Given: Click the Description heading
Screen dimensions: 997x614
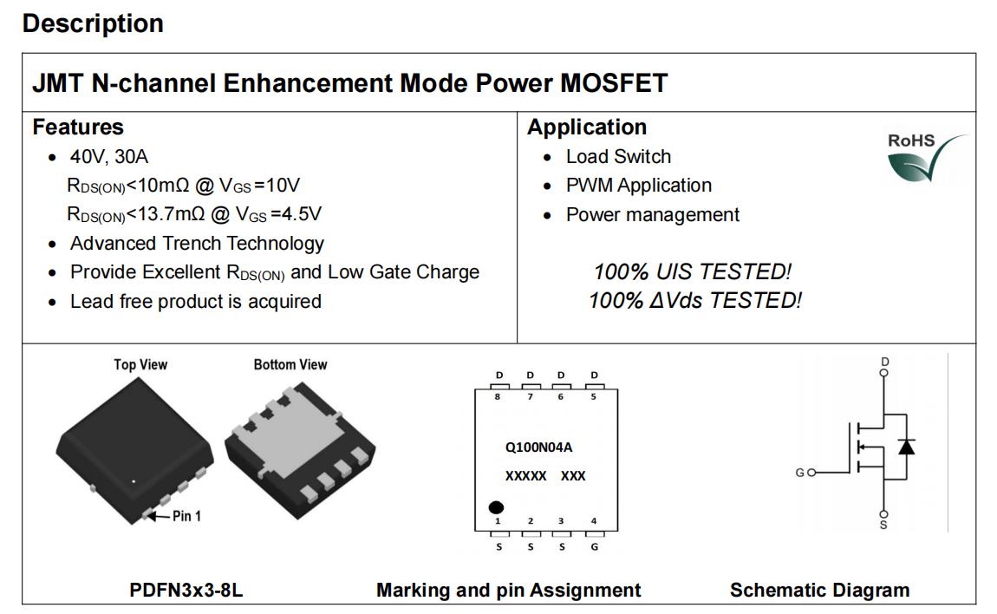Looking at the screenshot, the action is [x=93, y=23].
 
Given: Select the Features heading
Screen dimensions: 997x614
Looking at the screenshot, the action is [x=78, y=127].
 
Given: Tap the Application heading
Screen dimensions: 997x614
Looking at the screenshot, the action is [x=587, y=127].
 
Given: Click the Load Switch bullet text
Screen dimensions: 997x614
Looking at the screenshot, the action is [x=619, y=156].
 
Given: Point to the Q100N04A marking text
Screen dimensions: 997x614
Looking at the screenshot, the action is [x=538, y=447].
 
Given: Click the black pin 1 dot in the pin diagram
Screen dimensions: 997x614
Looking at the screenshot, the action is [x=496, y=507].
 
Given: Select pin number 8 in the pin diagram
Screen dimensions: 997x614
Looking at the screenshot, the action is [x=498, y=396].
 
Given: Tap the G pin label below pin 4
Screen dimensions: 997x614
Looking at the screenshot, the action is [x=595, y=546].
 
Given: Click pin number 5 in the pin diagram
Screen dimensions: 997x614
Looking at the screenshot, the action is [x=593, y=396].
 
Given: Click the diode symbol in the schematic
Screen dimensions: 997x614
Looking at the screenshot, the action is [x=907, y=446].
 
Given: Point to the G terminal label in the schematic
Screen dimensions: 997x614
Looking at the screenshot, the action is [x=800, y=473].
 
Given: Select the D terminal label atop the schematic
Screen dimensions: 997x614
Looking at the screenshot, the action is [x=884, y=362].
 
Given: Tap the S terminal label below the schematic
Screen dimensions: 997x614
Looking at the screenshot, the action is [x=883, y=525].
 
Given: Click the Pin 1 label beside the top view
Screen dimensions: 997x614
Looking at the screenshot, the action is [x=186, y=516].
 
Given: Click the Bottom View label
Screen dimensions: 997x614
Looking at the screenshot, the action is [x=290, y=364].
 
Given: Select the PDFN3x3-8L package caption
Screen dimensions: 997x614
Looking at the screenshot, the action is [x=186, y=590].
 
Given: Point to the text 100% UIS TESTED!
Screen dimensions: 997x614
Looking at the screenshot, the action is [x=693, y=271].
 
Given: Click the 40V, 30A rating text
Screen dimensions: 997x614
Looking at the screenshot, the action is [x=108, y=156].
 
